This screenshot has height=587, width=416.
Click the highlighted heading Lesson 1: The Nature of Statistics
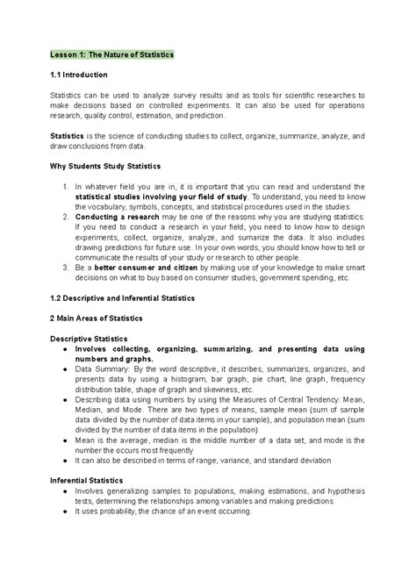coord(111,54)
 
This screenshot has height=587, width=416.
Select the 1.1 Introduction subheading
coord(78,75)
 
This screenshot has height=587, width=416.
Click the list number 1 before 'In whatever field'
coord(66,186)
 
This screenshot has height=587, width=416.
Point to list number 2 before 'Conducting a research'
coord(66,215)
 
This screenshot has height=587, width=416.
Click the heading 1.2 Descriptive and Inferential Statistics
coord(122,298)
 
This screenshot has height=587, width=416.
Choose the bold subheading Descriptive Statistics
coord(89,338)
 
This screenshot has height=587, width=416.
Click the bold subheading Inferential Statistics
coord(87,481)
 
